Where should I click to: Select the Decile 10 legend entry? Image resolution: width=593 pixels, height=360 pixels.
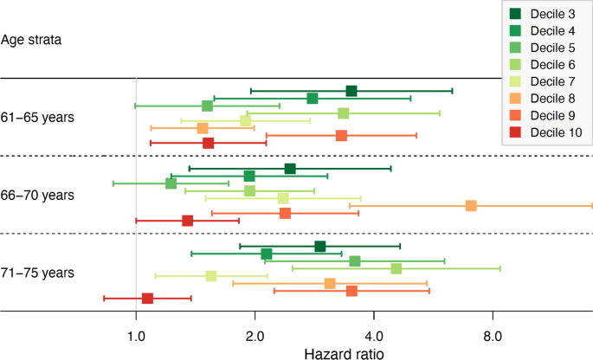(x=545, y=132)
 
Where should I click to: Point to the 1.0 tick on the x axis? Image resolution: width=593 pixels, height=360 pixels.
(x=136, y=335)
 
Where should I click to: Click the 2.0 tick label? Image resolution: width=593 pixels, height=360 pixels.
(x=255, y=335)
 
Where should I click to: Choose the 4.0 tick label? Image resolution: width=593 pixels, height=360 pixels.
(x=374, y=335)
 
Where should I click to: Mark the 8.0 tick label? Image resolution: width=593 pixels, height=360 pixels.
(x=493, y=335)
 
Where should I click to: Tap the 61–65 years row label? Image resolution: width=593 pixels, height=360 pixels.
(x=37, y=117)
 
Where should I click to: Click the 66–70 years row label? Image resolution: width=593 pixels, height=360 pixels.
(x=37, y=195)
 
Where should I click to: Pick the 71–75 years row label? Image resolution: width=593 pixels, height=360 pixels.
(x=37, y=273)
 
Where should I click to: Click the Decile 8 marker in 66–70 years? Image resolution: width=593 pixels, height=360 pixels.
(x=471, y=206)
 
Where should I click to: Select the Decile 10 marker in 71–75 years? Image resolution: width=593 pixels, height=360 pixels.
(x=147, y=299)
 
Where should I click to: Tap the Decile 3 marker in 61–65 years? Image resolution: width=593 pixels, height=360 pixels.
(x=351, y=91)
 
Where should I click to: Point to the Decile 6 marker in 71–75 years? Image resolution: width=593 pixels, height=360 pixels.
(x=396, y=268)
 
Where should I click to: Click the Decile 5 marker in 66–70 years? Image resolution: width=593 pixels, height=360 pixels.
(x=171, y=183)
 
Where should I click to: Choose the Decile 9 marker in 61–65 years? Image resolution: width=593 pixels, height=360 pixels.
(x=341, y=136)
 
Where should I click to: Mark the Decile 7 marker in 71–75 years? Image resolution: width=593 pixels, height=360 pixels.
(x=211, y=276)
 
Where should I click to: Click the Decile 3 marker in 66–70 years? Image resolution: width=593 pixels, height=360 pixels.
(x=290, y=169)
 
